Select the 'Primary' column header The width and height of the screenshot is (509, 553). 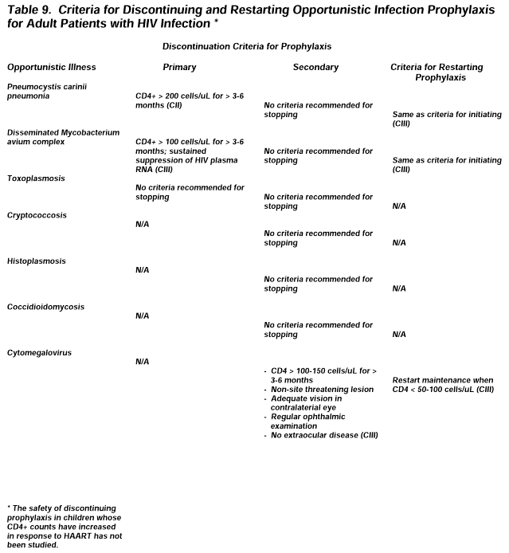pos(179,68)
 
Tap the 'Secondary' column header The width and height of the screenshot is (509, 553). pos(315,68)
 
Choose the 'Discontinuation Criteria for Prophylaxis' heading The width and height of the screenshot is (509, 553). pos(247,47)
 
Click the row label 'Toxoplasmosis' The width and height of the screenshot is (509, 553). pos(37,178)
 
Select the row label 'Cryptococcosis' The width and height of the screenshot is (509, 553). pos(37,215)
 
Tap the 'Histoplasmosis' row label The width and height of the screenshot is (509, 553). pos(37,261)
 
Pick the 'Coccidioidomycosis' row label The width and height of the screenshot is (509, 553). pos(47,307)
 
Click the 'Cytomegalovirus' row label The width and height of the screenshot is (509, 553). pos(39,352)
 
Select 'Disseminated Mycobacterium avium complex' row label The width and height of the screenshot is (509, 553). pos(63,136)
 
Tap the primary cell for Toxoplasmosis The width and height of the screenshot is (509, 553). pos(190,192)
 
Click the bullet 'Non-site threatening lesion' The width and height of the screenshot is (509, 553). pos(322,389)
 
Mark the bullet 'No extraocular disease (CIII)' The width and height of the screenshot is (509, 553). pos(324,435)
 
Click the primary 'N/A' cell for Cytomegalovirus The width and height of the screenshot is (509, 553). pos(143,362)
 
